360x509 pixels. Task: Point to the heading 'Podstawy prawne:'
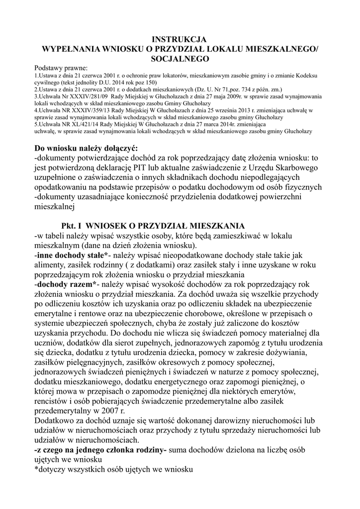pyautogui.click(x=61, y=68)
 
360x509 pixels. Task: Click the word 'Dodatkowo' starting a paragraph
pyautogui.click(x=55, y=422)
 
